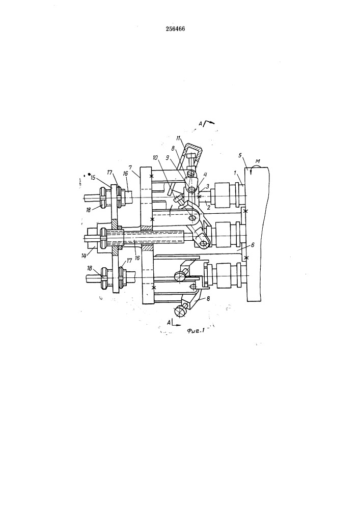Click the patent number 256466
tap(175, 29)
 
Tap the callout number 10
tap(155, 158)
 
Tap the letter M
tap(258, 162)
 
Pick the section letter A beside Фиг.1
tap(169, 322)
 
